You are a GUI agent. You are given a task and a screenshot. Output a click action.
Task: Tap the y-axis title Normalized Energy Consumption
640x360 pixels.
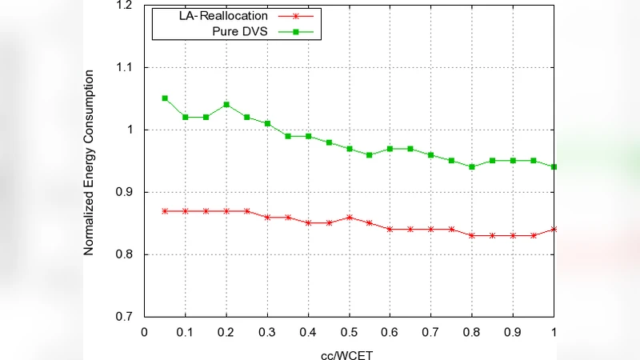90,162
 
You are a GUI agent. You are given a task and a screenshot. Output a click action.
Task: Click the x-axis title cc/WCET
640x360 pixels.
350,352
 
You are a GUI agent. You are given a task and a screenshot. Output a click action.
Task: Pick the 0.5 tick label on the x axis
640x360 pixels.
350,330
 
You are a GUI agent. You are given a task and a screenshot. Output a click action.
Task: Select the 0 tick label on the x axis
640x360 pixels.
145,330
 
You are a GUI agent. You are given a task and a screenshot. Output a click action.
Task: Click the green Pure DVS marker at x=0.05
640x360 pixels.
165,98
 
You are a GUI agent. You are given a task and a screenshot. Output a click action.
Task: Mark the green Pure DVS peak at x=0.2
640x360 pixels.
226,105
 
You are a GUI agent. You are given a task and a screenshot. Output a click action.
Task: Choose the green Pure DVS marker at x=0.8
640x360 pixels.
472,166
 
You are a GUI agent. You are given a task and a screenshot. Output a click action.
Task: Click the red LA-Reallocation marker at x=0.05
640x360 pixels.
165,210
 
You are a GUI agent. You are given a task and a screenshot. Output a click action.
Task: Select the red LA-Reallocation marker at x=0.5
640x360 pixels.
350,217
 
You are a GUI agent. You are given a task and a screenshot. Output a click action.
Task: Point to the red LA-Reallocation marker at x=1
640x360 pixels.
554,230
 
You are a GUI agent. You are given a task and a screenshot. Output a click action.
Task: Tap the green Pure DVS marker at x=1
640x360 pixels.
554,166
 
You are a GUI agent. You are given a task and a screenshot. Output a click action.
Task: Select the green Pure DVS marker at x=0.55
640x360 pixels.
370,154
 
